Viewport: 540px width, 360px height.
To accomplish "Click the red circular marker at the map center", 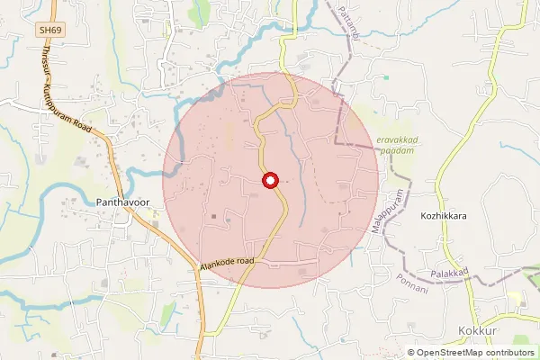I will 269,181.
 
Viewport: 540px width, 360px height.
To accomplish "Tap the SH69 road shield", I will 49,31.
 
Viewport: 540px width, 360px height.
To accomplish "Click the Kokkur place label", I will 477,331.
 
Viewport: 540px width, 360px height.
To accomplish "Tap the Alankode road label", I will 227,262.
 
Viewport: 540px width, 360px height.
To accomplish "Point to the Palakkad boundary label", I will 450,272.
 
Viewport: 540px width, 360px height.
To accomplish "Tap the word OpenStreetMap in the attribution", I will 450,353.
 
